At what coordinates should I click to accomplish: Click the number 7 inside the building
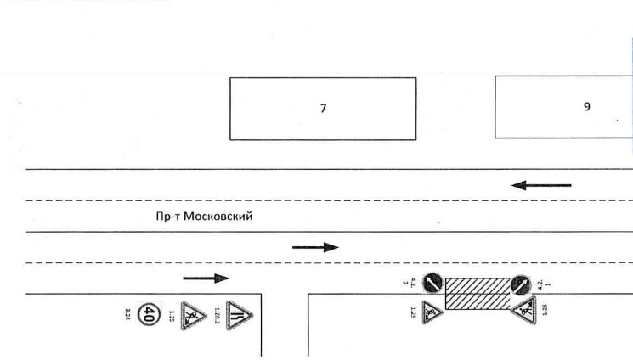pyautogui.click(x=323, y=108)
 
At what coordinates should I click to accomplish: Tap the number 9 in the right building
pyautogui.click(x=587, y=107)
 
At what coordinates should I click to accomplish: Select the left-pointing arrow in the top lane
pyautogui.click(x=540, y=184)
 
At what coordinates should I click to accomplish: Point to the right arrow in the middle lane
pyautogui.click(x=315, y=247)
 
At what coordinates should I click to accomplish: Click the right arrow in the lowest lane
pyautogui.click(x=206, y=278)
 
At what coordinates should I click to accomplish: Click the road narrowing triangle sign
pyautogui.click(x=240, y=316)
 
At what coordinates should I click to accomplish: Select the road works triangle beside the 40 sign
pyautogui.click(x=194, y=318)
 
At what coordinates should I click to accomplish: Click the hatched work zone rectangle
pyautogui.click(x=477, y=292)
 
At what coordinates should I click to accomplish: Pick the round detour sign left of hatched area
pyautogui.click(x=432, y=283)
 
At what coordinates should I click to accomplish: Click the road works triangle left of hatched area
pyautogui.click(x=432, y=311)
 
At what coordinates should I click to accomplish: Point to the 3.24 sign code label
pyautogui.click(x=128, y=317)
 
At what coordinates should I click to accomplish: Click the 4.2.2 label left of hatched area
pyautogui.click(x=414, y=283)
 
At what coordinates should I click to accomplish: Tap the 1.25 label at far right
pyautogui.click(x=543, y=310)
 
